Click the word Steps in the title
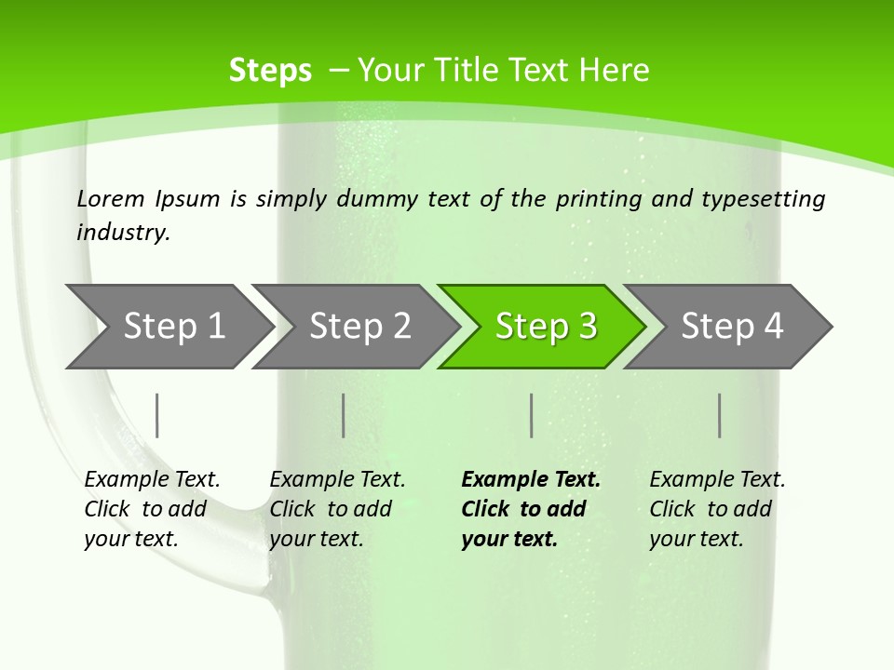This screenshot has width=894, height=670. (270, 71)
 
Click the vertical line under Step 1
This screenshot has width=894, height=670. (157, 415)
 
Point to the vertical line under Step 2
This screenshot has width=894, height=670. (344, 415)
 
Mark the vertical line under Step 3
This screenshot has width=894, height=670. (532, 415)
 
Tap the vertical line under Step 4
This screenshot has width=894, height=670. (720, 415)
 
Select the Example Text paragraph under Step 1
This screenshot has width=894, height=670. (152, 509)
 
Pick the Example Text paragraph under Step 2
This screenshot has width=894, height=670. (337, 509)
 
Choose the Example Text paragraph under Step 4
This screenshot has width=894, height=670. (717, 509)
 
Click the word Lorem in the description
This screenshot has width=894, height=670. (111, 199)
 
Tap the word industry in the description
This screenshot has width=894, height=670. (123, 232)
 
